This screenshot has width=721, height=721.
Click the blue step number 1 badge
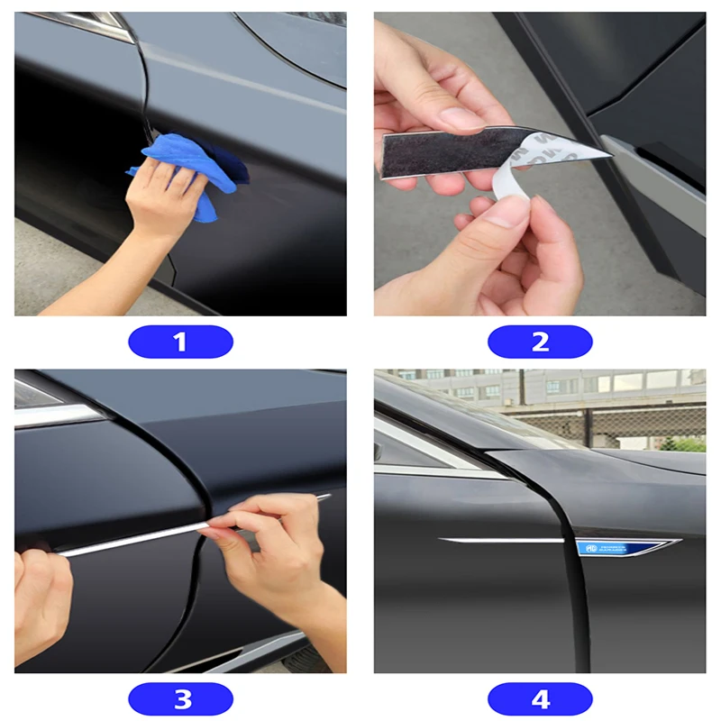[x=180, y=342]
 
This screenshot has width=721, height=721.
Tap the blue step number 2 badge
[x=540, y=342]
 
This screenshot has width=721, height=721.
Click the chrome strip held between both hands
[x=135, y=540]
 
